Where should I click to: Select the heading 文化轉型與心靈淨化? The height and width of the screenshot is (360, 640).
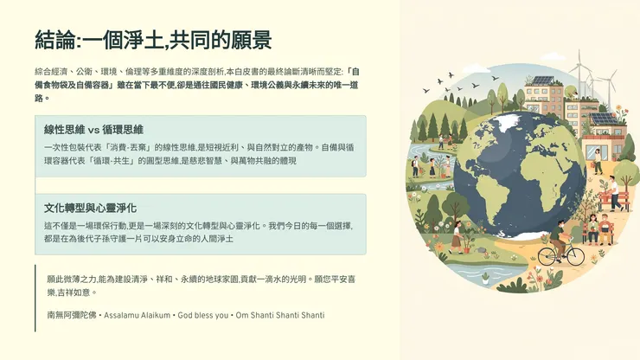(x=90, y=208)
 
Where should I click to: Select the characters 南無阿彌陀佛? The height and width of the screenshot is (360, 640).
(x=73, y=316)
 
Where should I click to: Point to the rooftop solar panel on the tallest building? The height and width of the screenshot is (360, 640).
(x=542, y=80)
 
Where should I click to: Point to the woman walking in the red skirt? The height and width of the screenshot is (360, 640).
(x=456, y=238)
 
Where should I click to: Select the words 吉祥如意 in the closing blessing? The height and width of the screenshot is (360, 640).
(x=85, y=292)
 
